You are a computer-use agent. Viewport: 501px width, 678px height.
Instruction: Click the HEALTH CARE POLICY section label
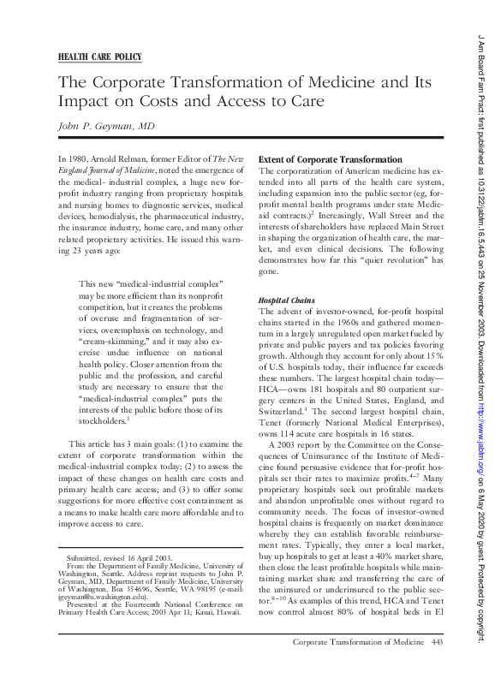(99, 57)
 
